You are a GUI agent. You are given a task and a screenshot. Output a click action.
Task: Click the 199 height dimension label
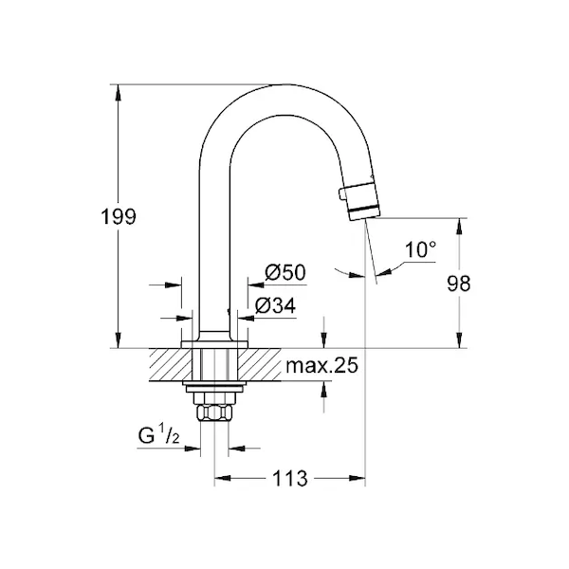tap(119, 216)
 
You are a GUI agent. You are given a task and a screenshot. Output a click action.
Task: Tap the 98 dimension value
tap(458, 284)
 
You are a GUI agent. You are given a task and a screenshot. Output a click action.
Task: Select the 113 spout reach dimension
tap(289, 478)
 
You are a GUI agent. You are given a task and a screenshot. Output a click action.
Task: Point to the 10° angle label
tap(420, 249)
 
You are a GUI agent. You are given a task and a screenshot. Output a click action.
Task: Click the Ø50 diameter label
tap(285, 272)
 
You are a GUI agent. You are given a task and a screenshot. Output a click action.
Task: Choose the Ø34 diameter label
tap(275, 305)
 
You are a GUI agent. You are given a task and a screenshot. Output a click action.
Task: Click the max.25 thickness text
tap(321, 365)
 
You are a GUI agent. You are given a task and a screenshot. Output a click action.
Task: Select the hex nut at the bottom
tap(214, 413)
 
